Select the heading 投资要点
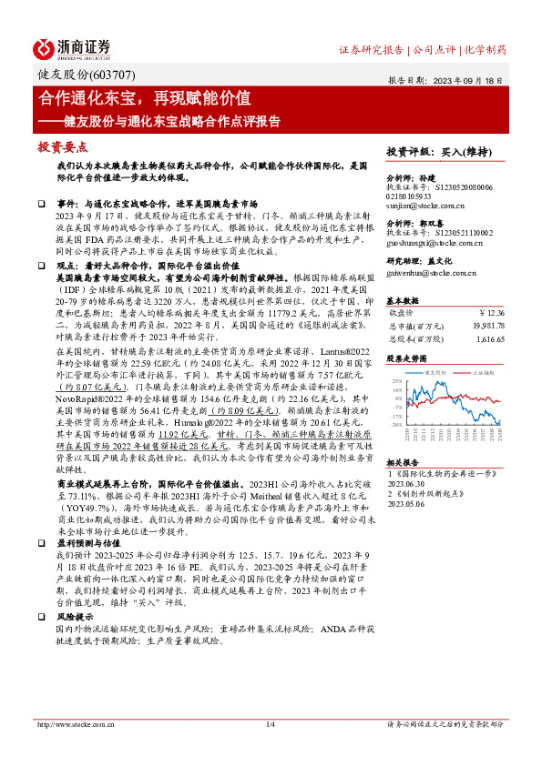[61, 146]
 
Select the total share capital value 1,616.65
[487, 336]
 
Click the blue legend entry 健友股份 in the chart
[430, 373]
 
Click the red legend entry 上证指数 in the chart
[480, 373]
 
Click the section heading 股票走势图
[406, 358]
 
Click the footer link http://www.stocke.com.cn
[72, 749]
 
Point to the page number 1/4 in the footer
[270, 749]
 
